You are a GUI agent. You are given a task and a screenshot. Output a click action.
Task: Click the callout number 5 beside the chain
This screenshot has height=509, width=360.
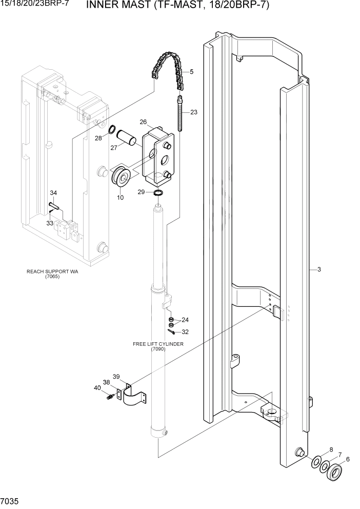191,72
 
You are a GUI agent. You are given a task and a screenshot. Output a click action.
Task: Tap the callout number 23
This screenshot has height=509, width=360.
193,112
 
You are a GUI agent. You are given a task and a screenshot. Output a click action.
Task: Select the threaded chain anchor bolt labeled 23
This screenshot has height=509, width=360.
181,113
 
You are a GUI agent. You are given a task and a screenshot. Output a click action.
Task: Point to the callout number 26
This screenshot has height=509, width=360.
143,122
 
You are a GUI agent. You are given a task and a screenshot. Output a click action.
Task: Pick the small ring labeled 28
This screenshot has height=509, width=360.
111,129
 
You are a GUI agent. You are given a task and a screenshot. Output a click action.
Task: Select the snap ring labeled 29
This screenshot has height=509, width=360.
158,192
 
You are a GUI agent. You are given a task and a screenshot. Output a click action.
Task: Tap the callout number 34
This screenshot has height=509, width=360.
53,192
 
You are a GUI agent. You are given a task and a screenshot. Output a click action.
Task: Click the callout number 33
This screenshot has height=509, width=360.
50,223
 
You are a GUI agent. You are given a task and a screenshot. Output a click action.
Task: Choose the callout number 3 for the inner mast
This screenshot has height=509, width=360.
319,269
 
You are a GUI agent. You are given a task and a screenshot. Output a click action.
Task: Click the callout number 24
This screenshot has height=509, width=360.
185,320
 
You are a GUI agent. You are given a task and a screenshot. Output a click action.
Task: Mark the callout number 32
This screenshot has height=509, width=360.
185,331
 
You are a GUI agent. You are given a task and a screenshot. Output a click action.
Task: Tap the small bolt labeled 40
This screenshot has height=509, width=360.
109,397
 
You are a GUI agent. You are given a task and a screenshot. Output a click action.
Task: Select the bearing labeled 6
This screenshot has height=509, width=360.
336,471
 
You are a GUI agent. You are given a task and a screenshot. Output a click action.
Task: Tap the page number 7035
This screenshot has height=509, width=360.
10,499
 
